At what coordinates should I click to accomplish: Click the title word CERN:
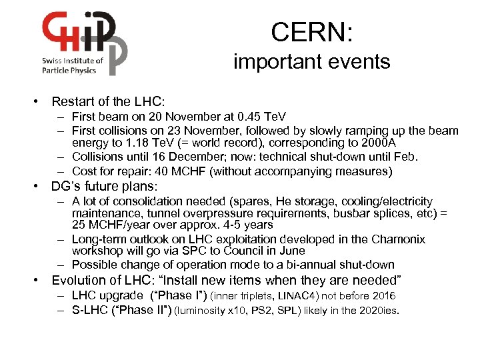tap(312, 32)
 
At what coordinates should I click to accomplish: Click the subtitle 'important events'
tap(311, 62)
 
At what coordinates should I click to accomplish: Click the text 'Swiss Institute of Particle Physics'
tap(73, 64)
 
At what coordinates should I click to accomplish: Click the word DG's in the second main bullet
tap(71, 187)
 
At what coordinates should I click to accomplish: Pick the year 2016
tap(381, 296)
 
